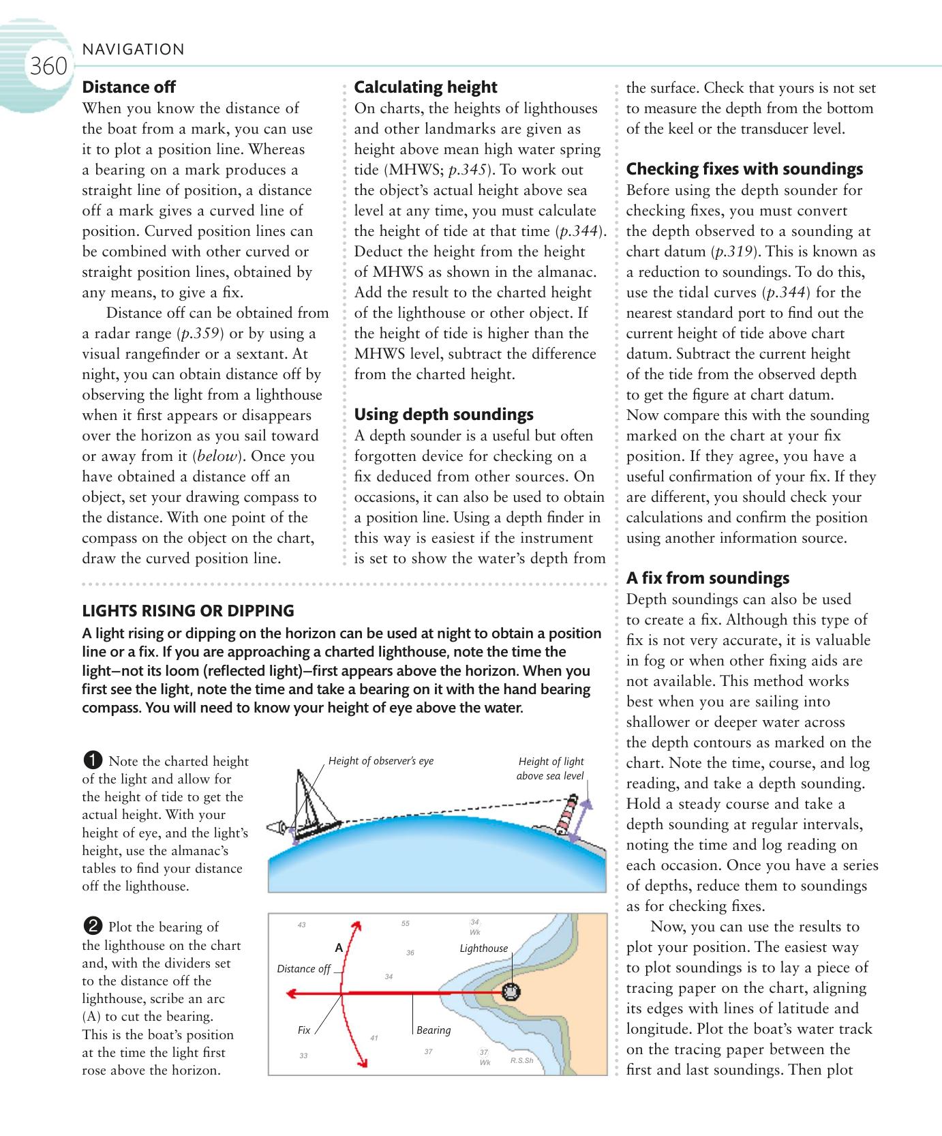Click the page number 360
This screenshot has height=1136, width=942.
click(48, 67)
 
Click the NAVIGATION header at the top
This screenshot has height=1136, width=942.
click(133, 49)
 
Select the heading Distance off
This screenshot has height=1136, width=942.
click(129, 87)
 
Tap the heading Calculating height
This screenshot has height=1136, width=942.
click(425, 87)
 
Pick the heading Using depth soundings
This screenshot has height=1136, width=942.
click(444, 415)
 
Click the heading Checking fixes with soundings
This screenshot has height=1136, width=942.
click(744, 169)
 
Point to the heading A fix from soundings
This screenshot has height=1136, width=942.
click(708, 578)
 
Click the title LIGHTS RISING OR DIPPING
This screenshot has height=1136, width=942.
click(188, 611)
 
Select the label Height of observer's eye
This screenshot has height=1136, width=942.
click(380, 761)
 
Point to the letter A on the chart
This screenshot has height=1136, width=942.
click(339, 948)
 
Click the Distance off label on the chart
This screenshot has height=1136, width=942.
click(303, 969)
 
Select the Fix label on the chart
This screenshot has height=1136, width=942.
click(304, 1030)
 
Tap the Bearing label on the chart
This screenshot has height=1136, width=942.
click(434, 1030)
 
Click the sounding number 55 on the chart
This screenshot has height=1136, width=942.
click(406, 924)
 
